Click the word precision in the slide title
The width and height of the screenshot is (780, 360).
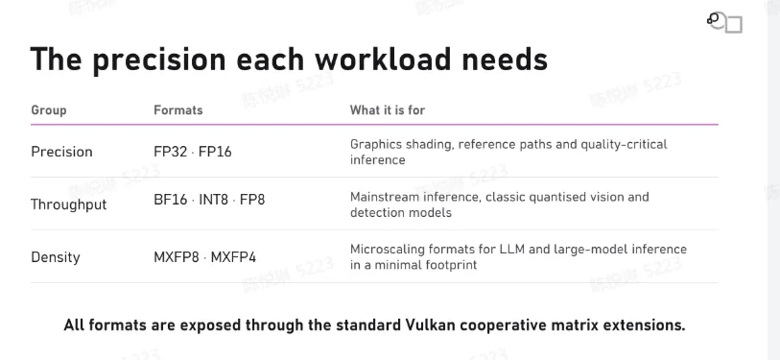[159, 60]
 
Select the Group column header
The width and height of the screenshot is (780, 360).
[49, 110]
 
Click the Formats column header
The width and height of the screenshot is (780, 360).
[178, 110]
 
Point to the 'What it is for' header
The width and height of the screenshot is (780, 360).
[388, 110]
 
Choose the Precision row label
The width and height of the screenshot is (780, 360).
[61, 152]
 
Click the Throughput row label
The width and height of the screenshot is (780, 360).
[69, 204]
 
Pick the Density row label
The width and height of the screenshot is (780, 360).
[56, 257]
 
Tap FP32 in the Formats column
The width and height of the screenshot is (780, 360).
[170, 152]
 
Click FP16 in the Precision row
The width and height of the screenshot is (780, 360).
[215, 152]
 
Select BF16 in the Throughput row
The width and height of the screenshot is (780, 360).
[171, 200]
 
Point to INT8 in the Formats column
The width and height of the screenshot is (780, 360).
[213, 200]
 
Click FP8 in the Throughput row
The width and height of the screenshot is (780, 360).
[252, 200]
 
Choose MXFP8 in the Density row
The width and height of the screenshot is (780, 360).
[177, 257]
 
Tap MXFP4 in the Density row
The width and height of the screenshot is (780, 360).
[233, 257]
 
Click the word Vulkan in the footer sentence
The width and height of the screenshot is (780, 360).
[428, 325]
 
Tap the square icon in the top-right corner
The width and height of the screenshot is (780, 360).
[734, 24]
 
